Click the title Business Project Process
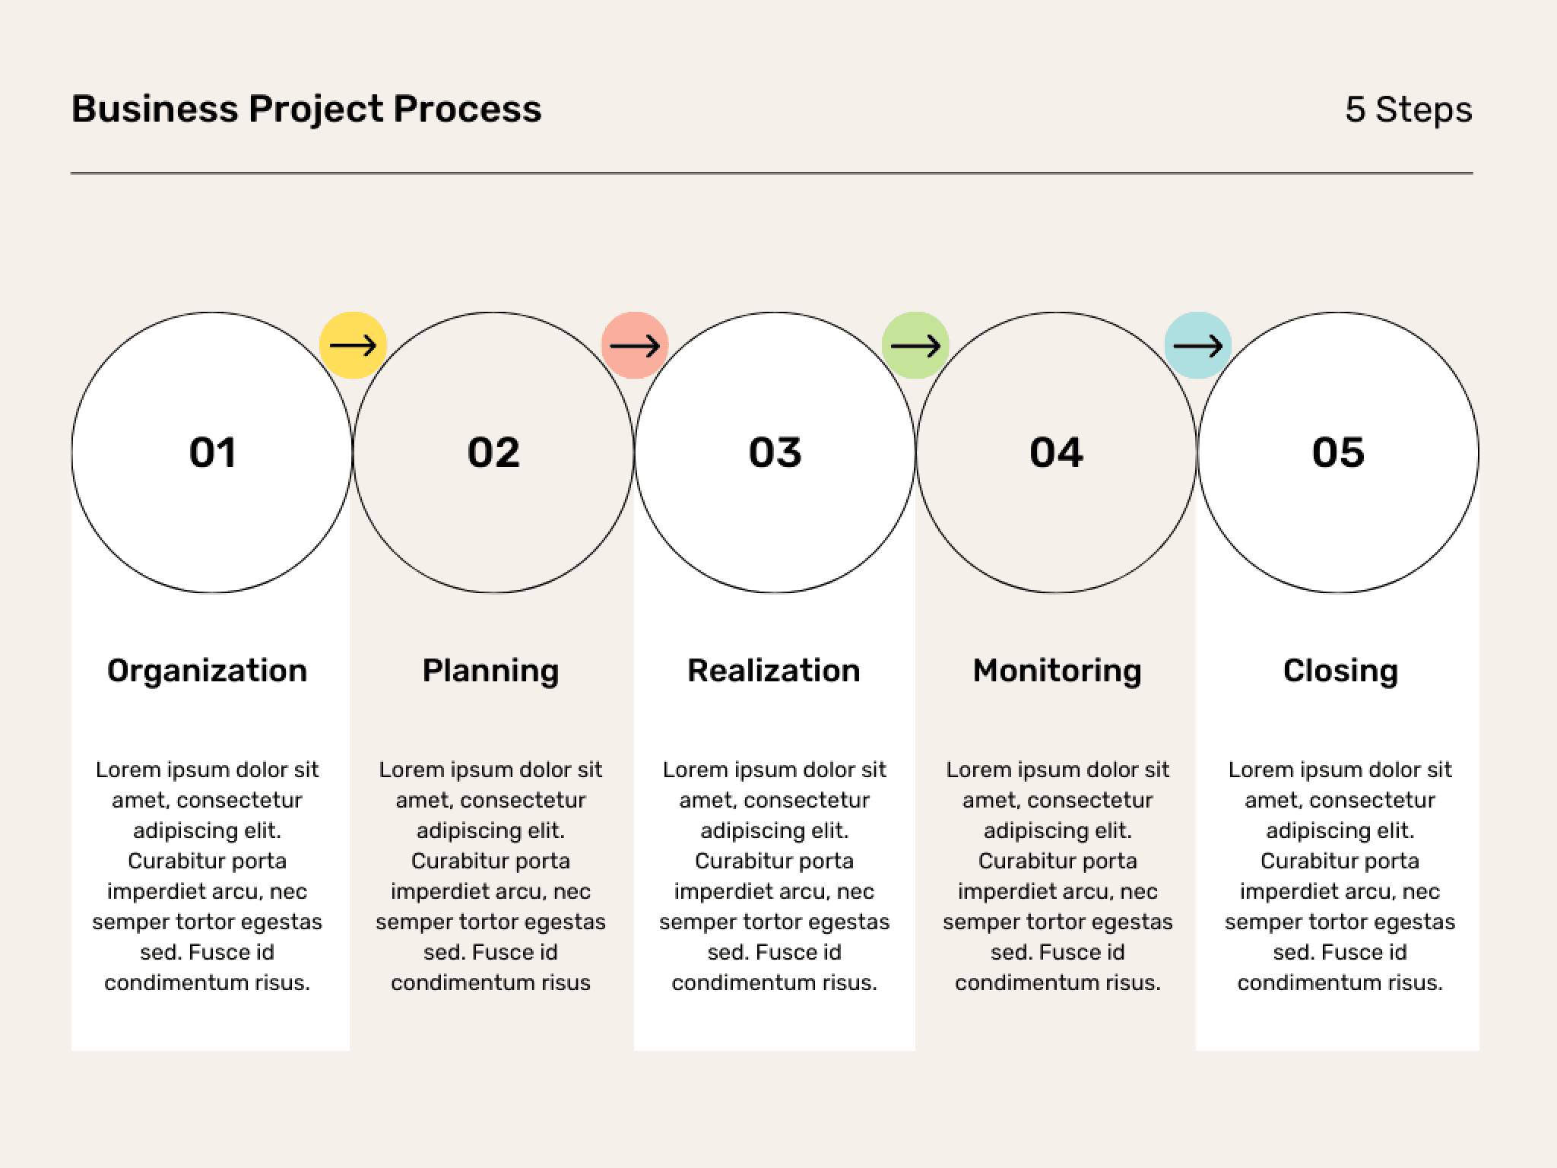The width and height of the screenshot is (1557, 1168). (x=306, y=109)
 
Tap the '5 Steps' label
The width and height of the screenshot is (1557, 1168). (x=1409, y=109)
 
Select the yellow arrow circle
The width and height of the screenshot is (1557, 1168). (x=353, y=345)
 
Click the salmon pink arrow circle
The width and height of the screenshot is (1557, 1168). (x=635, y=345)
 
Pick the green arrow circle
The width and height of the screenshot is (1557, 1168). (x=915, y=345)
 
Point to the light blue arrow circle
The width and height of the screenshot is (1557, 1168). (x=1198, y=345)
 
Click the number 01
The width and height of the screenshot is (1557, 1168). (x=213, y=452)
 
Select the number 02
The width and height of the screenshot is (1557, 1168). (x=493, y=452)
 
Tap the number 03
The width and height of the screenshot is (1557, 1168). (x=775, y=452)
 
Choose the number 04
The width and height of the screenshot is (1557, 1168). (x=1056, y=452)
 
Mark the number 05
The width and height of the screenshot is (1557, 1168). (x=1338, y=452)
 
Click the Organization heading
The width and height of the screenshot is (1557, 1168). (x=207, y=671)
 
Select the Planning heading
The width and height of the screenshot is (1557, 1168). (x=490, y=671)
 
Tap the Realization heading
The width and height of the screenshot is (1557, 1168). (x=774, y=671)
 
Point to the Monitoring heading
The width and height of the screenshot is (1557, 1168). (x=1058, y=671)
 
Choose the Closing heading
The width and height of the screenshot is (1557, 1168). (x=1340, y=671)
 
